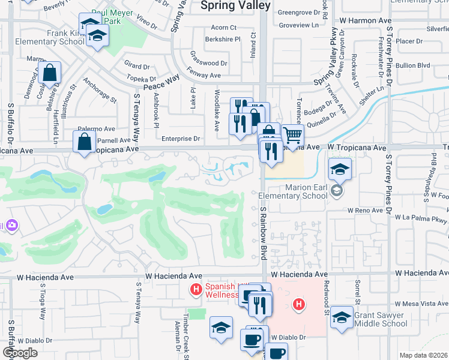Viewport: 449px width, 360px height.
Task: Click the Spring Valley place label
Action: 235,6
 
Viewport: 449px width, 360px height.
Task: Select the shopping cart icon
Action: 292,136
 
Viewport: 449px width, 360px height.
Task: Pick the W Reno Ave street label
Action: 365,211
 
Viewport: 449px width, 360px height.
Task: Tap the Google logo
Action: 20,353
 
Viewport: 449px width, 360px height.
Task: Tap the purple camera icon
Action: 11,225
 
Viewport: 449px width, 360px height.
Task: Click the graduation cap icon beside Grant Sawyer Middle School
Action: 342,317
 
